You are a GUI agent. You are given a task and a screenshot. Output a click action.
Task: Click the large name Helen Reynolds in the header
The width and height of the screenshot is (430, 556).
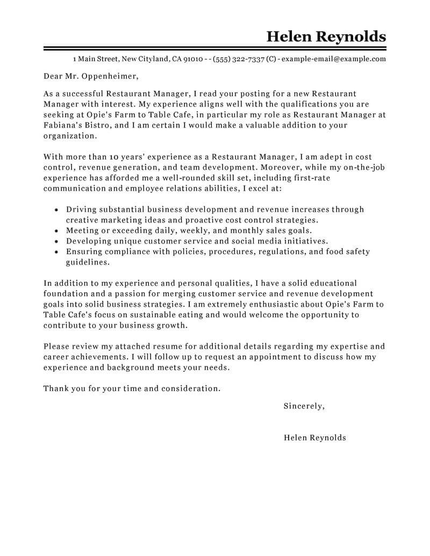pos(326,37)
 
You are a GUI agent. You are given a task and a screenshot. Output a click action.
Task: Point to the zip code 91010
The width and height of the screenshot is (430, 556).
pos(193,59)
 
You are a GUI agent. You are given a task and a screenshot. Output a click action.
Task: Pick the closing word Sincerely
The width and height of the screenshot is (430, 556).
pos(304,406)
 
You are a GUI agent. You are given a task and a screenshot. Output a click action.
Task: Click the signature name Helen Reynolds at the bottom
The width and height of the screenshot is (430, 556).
pos(314,438)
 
